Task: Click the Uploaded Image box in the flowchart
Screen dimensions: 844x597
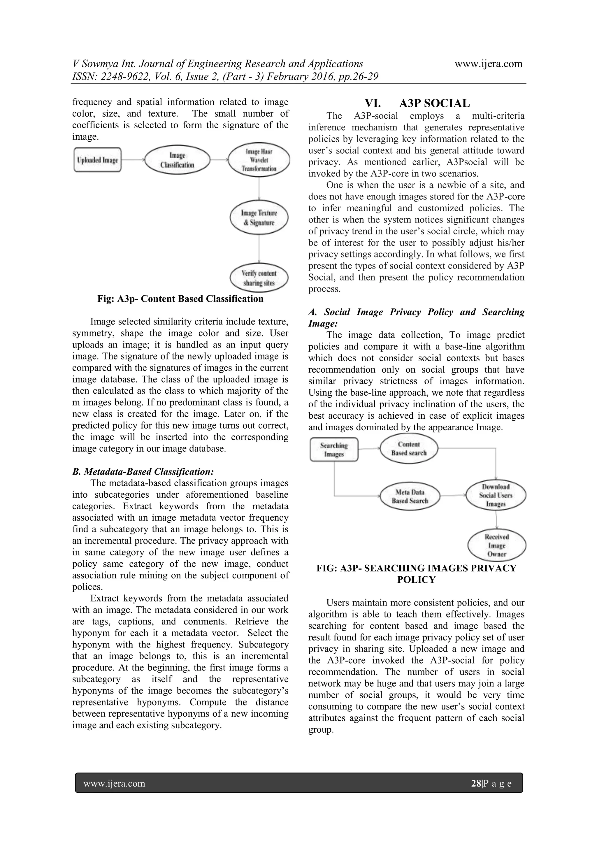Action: [97, 160]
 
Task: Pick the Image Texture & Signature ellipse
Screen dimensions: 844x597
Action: [259, 217]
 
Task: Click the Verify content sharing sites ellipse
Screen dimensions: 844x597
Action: [259, 278]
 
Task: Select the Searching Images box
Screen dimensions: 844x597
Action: [334, 449]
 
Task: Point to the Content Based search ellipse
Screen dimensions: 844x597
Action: [409, 449]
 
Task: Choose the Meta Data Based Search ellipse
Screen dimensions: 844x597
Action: [410, 496]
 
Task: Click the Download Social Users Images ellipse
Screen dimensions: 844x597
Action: [496, 495]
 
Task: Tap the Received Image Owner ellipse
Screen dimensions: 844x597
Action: [497, 545]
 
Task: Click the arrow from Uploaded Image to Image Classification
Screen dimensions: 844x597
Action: [133, 160]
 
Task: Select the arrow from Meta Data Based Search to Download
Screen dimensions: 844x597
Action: [453, 496]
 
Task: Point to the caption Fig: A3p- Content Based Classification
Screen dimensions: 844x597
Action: [180, 299]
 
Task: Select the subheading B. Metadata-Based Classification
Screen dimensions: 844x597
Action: [143, 472]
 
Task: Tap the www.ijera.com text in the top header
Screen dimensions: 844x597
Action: [488, 64]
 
